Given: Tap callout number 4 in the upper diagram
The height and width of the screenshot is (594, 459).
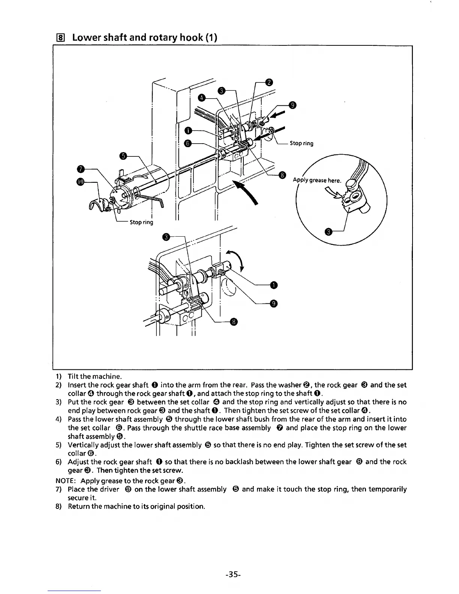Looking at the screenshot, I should (x=201, y=98).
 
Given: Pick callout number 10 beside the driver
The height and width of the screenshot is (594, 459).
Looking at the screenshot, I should (x=80, y=182).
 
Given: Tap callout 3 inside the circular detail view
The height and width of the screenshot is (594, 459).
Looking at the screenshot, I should (x=328, y=232).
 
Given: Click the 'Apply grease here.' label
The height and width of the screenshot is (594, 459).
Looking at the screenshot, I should (x=317, y=180).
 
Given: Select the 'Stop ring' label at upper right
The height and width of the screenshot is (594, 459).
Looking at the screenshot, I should (x=301, y=143).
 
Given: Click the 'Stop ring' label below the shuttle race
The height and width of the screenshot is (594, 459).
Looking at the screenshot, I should (x=141, y=222).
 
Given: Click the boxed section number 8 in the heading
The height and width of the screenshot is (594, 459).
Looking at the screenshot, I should (x=63, y=38).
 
